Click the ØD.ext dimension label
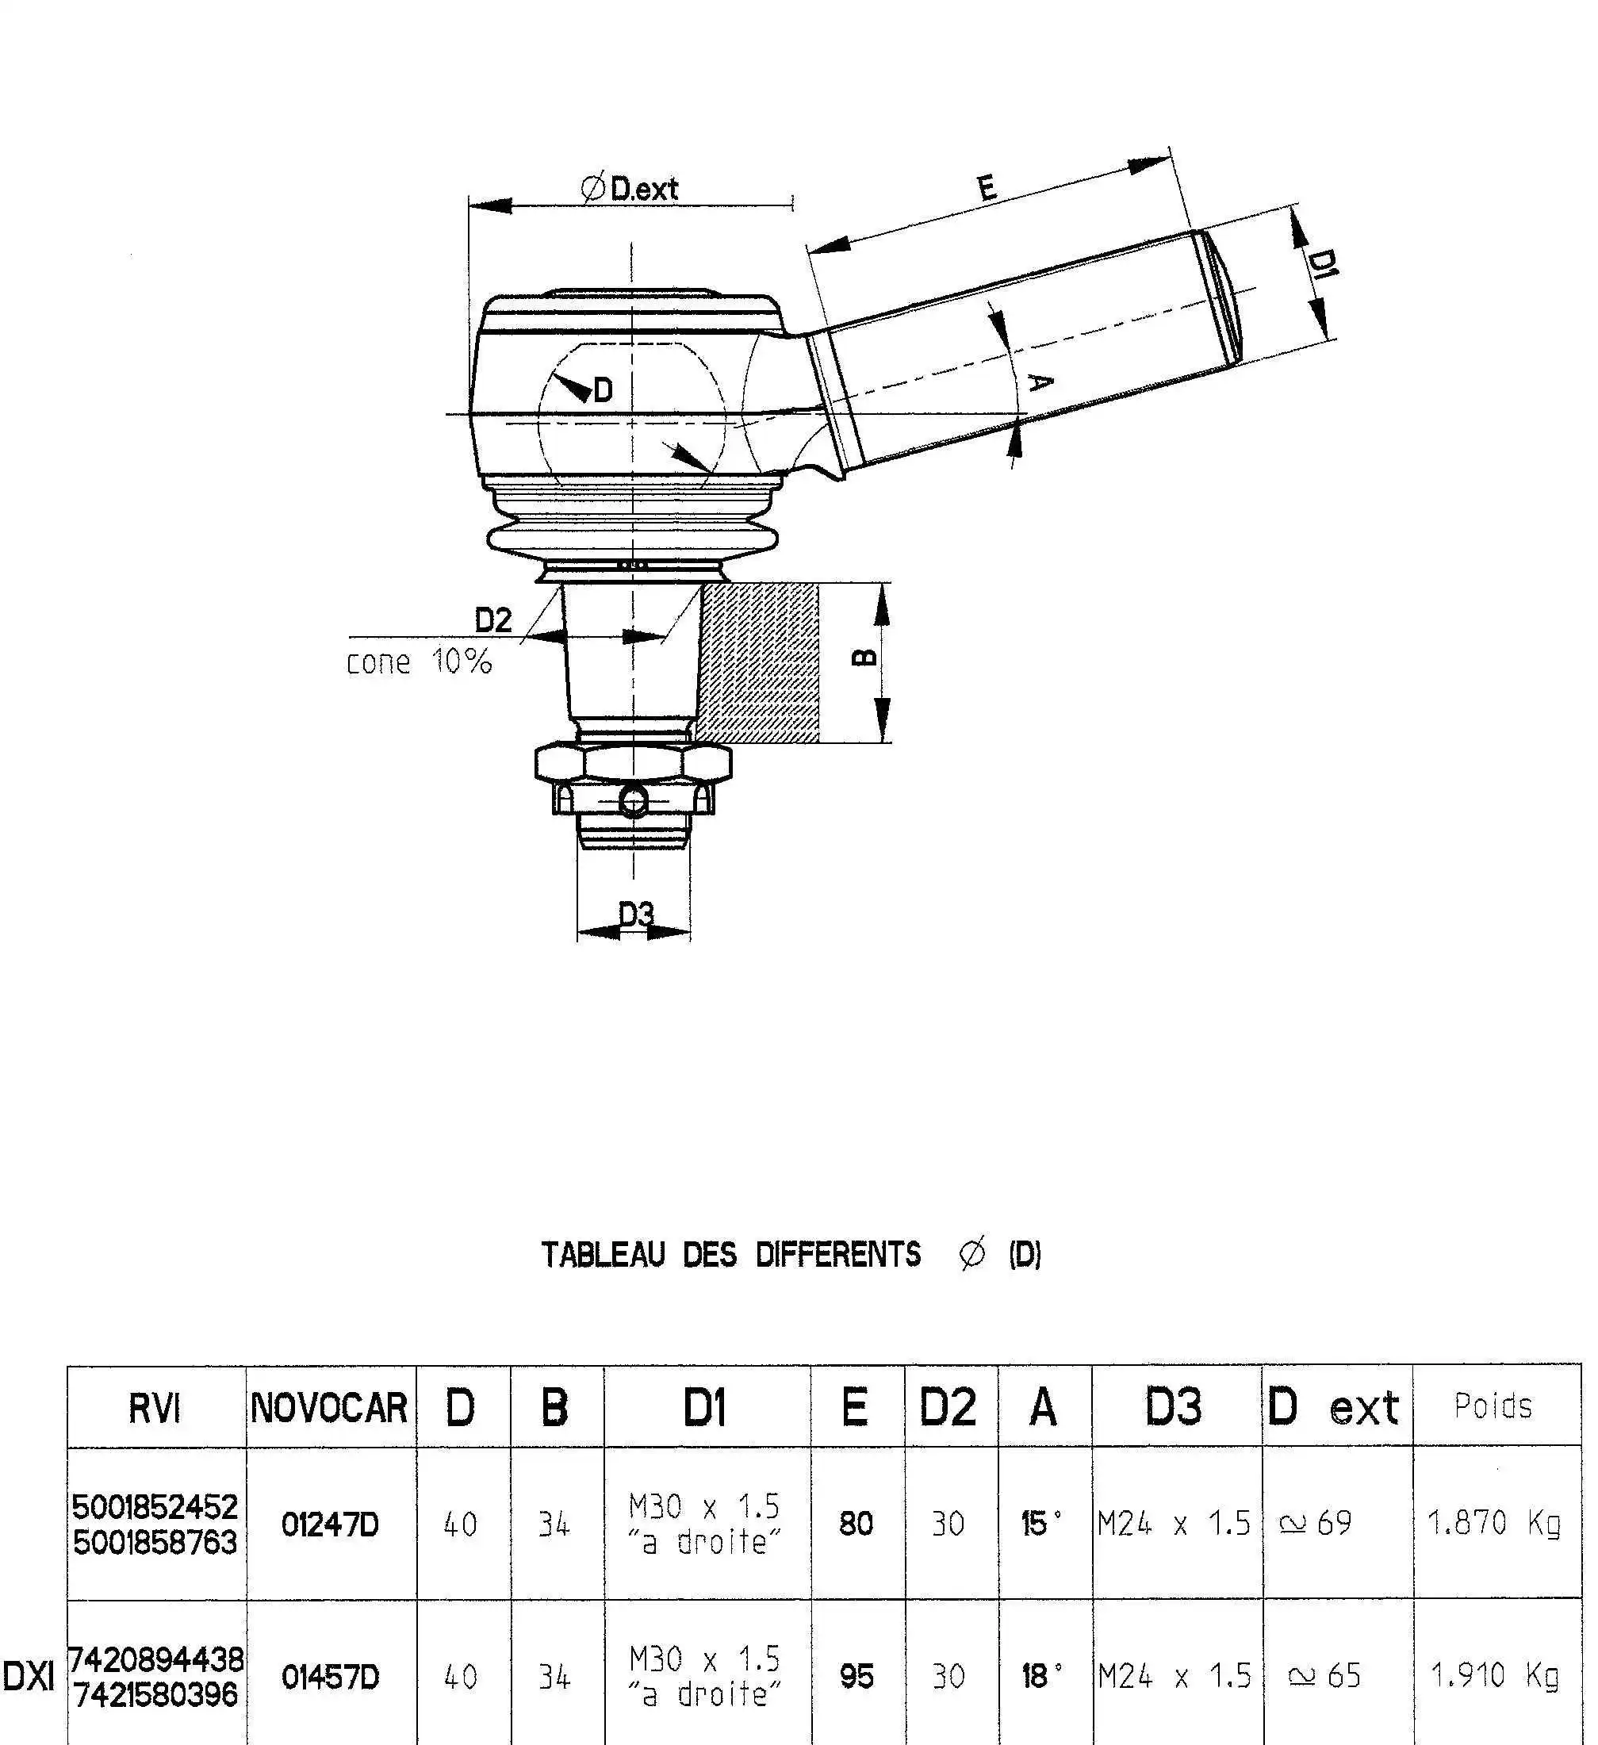(630, 188)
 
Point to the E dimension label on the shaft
(987, 187)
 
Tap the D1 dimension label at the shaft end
(1321, 262)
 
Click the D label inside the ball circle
(604, 390)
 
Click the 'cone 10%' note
(419, 662)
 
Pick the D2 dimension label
(493, 619)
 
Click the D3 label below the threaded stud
(635, 913)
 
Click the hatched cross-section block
(759, 662)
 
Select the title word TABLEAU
(604, 1254)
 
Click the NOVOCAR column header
(330, 1407)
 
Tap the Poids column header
(1493, 1406)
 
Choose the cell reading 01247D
(330, 1524)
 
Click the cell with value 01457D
(330, 1678)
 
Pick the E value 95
(856, 1677)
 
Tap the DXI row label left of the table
(29, 1678)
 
